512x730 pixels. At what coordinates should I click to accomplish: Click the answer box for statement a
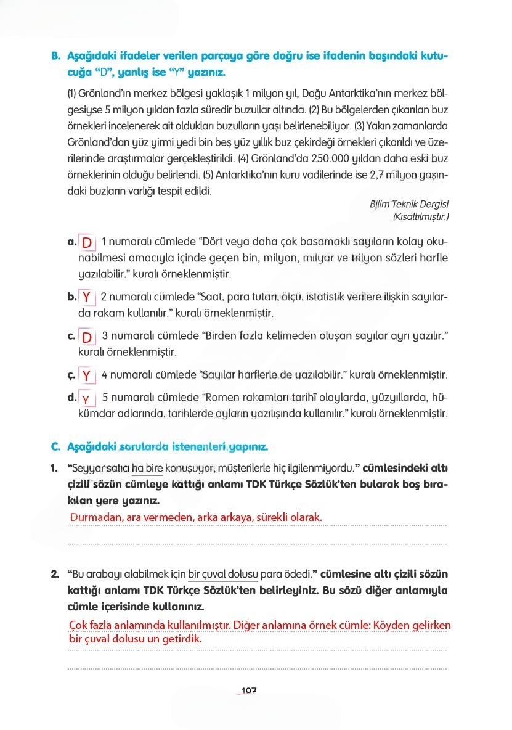tap(87, 241)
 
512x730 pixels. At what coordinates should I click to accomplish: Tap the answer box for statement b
tap(87, 297)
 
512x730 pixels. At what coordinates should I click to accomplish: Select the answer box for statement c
tap(87, 337)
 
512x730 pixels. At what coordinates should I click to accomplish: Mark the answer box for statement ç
tap(87, 375)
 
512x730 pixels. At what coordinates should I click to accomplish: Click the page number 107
tap(248, 691)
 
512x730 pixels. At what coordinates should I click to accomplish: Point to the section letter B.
tap(55, 56)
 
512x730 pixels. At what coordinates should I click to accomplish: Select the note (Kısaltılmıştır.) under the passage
tap(421, 216)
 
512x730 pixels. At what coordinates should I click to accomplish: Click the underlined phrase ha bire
tap(147, 471)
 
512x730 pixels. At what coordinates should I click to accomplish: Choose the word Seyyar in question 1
tap(87, 471)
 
